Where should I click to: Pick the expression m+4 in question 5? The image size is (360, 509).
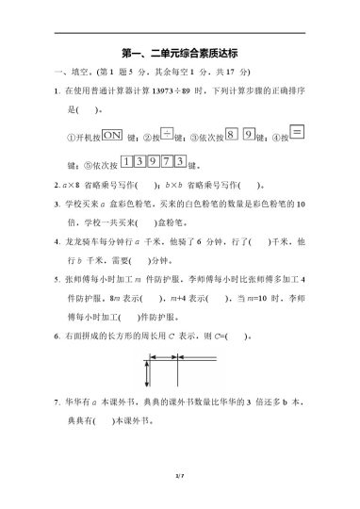pyautogui.click(x=200, y=300)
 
